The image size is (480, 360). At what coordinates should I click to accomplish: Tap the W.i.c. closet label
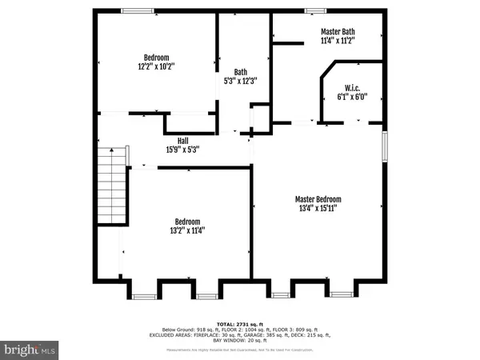(x=350, y=88)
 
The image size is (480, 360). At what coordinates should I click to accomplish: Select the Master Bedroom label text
(x=318, y=199)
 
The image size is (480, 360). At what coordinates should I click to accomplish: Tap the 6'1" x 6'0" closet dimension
(x=350, y=98)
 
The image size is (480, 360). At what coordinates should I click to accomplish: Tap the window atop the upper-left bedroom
(x=138, y=10)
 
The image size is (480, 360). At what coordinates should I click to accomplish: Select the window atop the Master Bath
(x=315, y=10)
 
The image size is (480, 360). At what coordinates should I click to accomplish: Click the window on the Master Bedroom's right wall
(x=386, y=146)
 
